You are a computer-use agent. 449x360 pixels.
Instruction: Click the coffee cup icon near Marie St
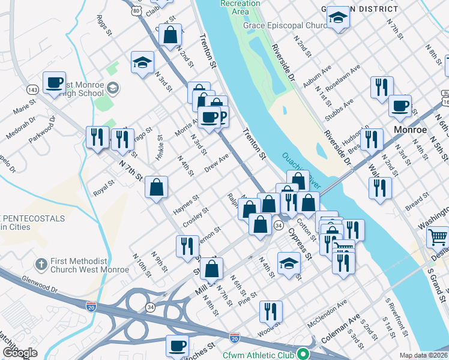click(x=54, y=82)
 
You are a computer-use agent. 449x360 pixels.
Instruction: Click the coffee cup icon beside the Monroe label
click(x=400, y=106)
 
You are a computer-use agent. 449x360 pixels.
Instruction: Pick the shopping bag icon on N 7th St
click(x=156, y=187)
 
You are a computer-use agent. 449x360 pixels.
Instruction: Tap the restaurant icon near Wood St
click(x=271, y=311)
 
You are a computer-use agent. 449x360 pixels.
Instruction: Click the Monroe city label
click(x=409, y=130)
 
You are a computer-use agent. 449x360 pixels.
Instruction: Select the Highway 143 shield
click(x=32, y=89)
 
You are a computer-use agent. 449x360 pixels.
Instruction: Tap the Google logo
click(x=20, y=353)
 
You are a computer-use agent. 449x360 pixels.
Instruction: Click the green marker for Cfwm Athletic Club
click(x=304, y=353)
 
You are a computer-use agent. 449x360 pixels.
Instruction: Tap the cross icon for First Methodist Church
click(x=41, y=264)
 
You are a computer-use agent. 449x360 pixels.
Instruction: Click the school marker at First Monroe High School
click(x=112, y=89)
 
